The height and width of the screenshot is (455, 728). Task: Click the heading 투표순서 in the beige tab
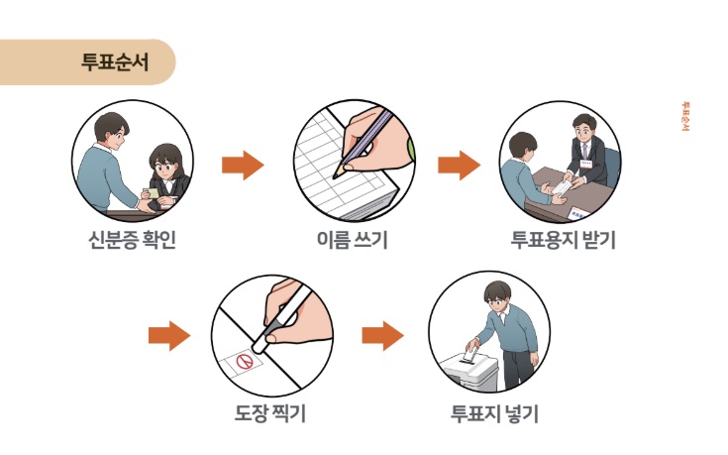click(x=113, y=61)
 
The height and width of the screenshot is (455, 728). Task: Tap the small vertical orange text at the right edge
click(x=684, y=116)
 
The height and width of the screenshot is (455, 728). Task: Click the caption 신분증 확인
click(x=132, y=240)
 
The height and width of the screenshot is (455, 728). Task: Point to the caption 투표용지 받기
click(x=563, y=240)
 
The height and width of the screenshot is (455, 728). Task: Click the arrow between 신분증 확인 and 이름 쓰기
click(x=242, y=165)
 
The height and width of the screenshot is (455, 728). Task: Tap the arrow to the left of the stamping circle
click(x=168, y=336)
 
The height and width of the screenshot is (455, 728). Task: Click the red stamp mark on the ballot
click(x=243, y=363)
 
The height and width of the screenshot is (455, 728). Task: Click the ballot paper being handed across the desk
click(x=562, y=187)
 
